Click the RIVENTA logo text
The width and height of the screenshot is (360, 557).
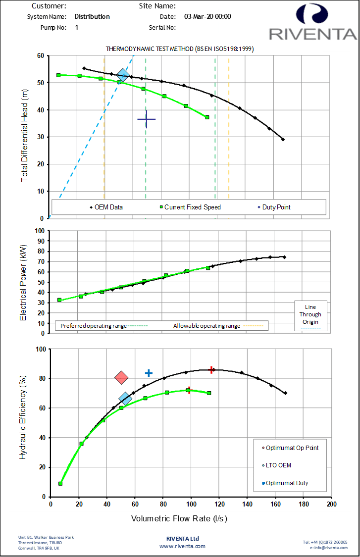coord(312,34)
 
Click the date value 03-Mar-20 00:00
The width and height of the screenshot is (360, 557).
coord(207,16)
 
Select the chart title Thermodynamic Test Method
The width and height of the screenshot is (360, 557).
coord(180,49)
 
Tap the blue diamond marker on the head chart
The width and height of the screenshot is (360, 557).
coord(123,75)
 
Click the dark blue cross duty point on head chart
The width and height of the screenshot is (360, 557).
coord(147,119)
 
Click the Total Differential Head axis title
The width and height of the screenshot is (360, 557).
coord(25,137)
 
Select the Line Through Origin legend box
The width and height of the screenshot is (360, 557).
coord(310,315)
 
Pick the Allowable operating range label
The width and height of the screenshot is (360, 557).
coord(206,326)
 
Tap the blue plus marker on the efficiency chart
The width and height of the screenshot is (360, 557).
coord(149,373)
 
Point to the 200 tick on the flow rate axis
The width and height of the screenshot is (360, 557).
coord(331,505)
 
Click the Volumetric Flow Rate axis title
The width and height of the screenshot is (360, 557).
coord(179,519)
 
